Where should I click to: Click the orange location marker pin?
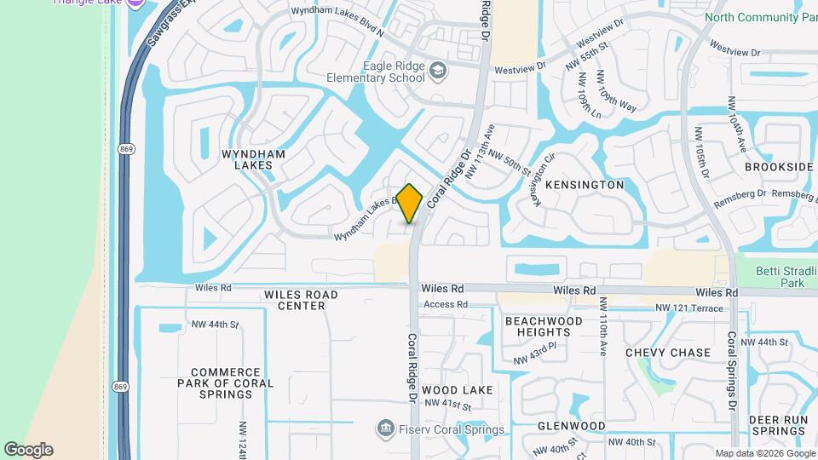click(x=410, y=203)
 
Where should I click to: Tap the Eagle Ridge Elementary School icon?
click(x=438, y=69)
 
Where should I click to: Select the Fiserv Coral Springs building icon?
click(x=385, y=426)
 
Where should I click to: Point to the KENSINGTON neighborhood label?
click(x=585, y=185)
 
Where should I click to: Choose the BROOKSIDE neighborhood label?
click(x=779, y=167)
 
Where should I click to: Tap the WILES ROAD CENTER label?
click(x=301, y=300)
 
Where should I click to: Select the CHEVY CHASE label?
click(x=668, y=353)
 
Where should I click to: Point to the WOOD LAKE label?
click(x=458, y=390)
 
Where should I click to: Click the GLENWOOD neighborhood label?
click(x=571, y=426)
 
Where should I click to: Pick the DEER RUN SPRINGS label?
click(x=778, y=425)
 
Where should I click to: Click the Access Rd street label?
click(x=446, y=304)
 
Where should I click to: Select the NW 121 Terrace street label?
click(x=688, y=307)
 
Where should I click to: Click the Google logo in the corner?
click(x=28, y=450)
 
